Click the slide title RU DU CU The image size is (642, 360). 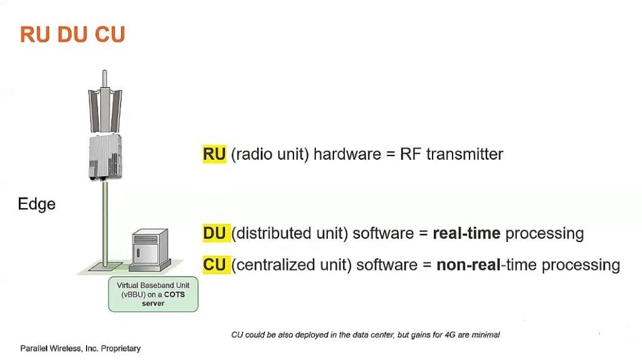(73, 34)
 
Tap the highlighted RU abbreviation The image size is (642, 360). (214, 154)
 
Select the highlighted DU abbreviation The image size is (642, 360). (214, 233)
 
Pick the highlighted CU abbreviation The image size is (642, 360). (214, 265)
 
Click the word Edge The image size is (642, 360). (36, 204)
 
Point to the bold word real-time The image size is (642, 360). (466, 233)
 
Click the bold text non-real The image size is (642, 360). (468, 265)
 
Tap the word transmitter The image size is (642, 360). (465, 154)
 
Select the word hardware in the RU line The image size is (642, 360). (347, 154)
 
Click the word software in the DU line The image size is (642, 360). (383, 233)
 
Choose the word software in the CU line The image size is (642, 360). (387, 265)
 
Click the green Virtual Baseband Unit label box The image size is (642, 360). (153, 295)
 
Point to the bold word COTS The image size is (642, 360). (174, 295)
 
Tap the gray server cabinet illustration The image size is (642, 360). (150, 250)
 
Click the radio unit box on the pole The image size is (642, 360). (105, 157)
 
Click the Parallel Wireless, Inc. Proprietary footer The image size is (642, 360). (80, 349)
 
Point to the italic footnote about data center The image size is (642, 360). (366, 335)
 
